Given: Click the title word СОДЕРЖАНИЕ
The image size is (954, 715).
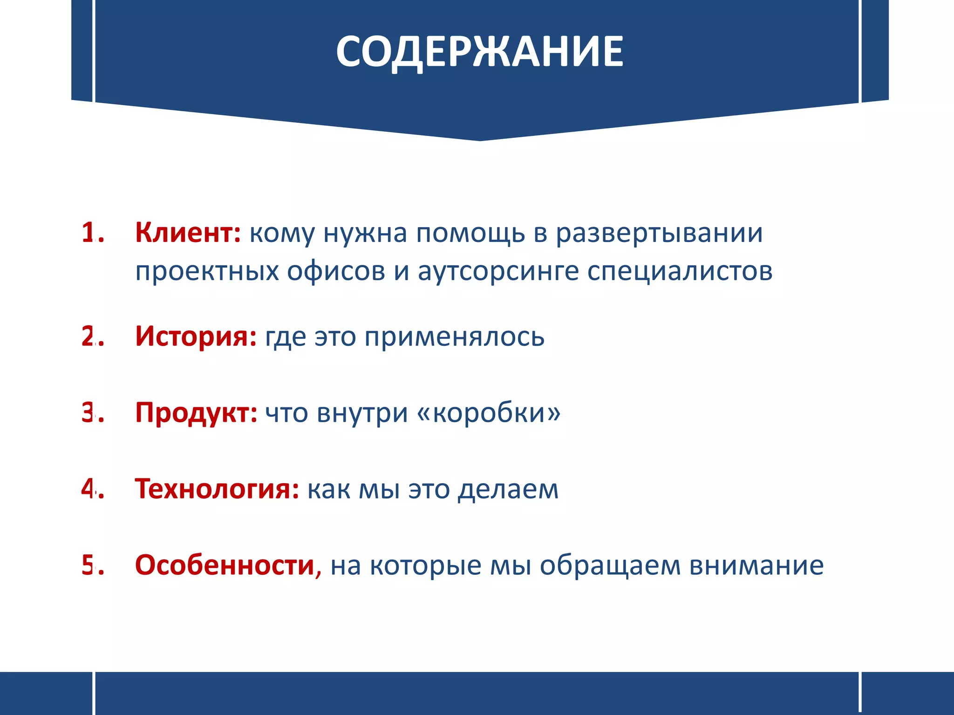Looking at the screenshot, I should point(479,52).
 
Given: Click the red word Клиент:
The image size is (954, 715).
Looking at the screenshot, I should point(188,232).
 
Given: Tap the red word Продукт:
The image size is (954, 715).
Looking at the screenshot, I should point(196,412).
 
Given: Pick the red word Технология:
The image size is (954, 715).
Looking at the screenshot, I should point(217,489).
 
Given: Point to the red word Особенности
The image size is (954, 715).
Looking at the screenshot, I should point(225,565).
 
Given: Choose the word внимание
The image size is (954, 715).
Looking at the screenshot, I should point(756,565).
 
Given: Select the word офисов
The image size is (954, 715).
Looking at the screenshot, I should point(336,271).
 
